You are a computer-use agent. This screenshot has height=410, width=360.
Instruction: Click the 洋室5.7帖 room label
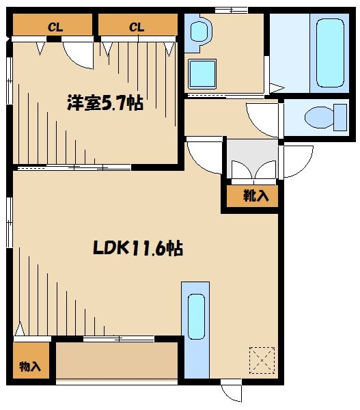(x=104, y=103)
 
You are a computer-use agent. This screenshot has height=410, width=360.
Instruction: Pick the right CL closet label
(x=137, y=27)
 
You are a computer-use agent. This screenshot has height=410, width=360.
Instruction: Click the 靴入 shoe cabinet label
(x=256, y=196)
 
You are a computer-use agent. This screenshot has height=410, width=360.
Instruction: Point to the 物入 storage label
(x=30, y=366)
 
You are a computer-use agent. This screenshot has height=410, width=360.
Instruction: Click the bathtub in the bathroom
(x=330, y=53)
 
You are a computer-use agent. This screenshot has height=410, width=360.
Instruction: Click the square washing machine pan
(x=202, y=72)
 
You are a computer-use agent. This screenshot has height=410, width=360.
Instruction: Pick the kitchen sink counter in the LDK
(x=195, y=327)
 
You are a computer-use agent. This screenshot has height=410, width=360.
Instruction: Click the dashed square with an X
(x=261, y=359)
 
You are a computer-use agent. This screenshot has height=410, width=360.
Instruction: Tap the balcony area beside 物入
(x=116, y=361)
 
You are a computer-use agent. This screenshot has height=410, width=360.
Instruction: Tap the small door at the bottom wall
(x=231, y=391)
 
